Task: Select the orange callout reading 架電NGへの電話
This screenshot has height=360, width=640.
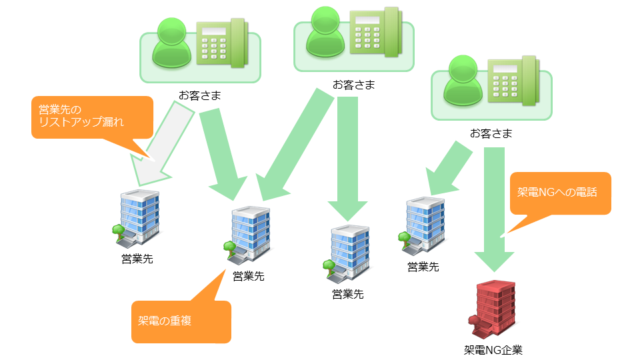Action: (560, 194)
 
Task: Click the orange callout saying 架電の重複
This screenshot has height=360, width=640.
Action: (181, 322)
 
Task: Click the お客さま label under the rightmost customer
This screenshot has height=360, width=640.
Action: (491, 133)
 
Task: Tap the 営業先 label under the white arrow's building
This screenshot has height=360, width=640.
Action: (137, 259)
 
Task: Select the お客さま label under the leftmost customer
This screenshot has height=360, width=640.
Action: (199, 95)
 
